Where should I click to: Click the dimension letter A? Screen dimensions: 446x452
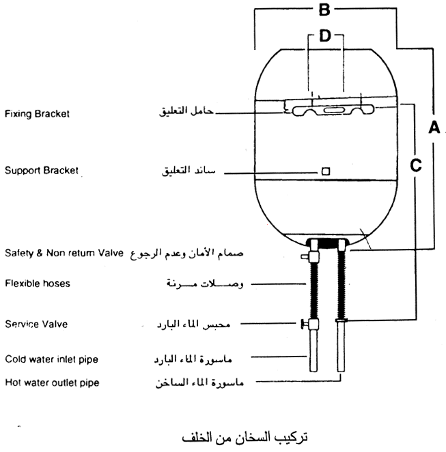(x=434, y=127)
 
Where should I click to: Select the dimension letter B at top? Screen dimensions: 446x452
(x=324, y=10)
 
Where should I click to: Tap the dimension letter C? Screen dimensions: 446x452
(x=416, y=165)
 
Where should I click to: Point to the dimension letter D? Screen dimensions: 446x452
(x=325, y=36)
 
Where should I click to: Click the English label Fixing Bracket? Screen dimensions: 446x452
(x=38, y=114)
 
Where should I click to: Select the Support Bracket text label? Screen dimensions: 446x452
(x=42, y=170)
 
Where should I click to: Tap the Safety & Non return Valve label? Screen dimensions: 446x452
(x=64, y=253)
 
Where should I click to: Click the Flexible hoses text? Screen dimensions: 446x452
(x=38, y=284)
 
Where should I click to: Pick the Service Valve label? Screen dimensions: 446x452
(x=36, y=324)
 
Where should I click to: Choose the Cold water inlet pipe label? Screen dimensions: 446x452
(x=52, y=359)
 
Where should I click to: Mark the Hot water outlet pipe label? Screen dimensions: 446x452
(x=53, y=383)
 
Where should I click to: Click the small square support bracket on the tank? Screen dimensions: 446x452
(x=326, y=171)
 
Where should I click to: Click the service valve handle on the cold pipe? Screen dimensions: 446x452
(x=303, y=324)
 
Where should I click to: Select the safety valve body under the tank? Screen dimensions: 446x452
(x=312, y=255)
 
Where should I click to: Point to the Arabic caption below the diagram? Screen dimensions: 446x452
(x=245, y=437)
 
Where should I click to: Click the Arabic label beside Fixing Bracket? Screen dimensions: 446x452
(x=186, y=111)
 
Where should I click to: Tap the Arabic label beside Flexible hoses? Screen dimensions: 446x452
(x=205, y=284)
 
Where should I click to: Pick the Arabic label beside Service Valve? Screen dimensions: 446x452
(x=193, y=325)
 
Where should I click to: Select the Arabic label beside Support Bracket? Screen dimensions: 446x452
(x=189, y=170)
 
